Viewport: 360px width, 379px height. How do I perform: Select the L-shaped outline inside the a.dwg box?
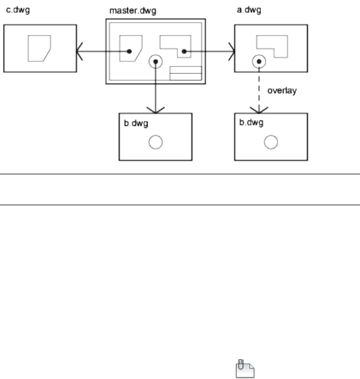272,45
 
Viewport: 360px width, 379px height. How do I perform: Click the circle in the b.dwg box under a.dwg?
271,142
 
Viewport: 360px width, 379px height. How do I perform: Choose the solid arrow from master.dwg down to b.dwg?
156,90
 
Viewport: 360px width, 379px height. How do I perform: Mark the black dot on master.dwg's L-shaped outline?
184,52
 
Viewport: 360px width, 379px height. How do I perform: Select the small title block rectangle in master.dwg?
185,74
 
